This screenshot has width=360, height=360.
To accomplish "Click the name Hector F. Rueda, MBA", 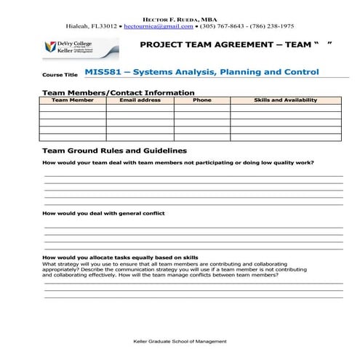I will [x=179, y=15].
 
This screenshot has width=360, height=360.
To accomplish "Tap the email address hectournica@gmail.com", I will [x=159, y=25].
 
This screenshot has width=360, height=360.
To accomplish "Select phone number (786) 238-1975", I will [x=273, y=25].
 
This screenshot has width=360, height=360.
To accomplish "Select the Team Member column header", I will [x=72, y=100].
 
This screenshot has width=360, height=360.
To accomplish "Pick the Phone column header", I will [x=201, y=100].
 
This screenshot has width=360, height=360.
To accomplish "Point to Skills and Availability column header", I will [x=285, y=100].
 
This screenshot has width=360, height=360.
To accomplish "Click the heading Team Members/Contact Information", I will [x=119, y=92].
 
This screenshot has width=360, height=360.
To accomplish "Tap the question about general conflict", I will [x=104, y=213].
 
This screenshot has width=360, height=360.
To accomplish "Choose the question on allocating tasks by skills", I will [x=120, y=258].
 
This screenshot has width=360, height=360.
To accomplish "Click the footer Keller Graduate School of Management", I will [x=180, y=341].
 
